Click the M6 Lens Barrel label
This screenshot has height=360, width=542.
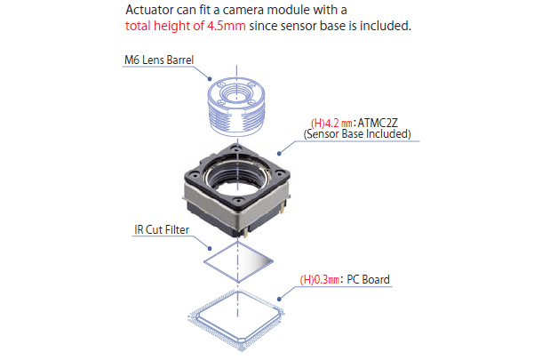[159, 60]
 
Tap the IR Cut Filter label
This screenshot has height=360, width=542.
[162, 229]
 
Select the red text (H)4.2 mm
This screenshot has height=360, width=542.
[331, 123]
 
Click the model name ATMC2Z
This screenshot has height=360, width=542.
[378, 123]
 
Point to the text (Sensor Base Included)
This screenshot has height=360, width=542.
[357, 134]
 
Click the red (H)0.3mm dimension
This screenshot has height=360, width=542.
[319, 279]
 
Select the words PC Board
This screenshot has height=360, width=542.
[368, 279]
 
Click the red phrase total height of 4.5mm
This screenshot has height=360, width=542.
[186, 26]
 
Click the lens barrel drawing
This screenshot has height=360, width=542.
[236, 107]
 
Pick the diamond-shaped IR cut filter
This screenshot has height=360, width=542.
[238, 262]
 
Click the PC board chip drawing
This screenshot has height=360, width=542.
[237, 320]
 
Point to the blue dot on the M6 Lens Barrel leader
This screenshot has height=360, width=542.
[210, 79]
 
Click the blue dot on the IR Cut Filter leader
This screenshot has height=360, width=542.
[210, 248]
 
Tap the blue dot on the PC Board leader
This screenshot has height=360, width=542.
[279, 300]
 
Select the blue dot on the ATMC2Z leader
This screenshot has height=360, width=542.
[279, 154]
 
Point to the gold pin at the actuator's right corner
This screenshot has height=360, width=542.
[283, 208]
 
